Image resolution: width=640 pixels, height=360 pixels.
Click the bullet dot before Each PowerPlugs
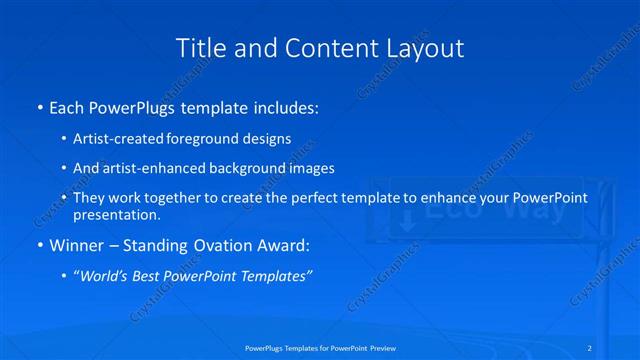(38, 105)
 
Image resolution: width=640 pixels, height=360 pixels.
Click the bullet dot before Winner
(38, 244)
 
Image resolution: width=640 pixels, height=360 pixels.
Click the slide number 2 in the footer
(593, 348)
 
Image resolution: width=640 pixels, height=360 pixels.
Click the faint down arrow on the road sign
(407, 221)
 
